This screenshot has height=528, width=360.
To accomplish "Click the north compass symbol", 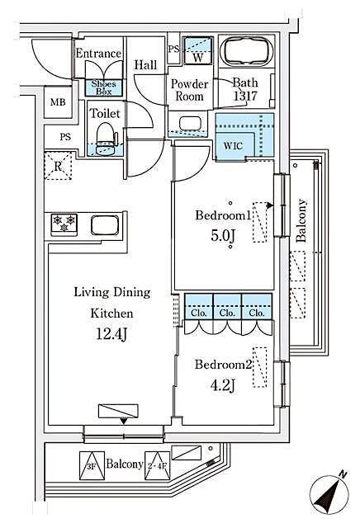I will tap(329, 494).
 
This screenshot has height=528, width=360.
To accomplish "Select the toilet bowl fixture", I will tap(105, 138).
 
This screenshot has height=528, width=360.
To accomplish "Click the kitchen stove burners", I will tap(64, 222).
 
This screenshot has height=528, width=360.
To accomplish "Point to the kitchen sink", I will tap(107, 224).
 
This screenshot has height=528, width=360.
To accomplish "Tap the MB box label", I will tap(57, 101).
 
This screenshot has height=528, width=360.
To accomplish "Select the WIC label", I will tap(233, 145).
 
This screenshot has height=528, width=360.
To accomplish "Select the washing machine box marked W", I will tap(197, 52).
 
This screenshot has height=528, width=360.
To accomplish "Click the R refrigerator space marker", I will tap(59, 165).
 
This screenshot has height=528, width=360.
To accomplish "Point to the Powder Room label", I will tap(189, 89).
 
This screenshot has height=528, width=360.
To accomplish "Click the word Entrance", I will tap(98, 54).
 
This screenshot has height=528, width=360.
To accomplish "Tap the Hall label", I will tap(146, 64).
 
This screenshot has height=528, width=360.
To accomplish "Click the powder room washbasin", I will tap(190, 125).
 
